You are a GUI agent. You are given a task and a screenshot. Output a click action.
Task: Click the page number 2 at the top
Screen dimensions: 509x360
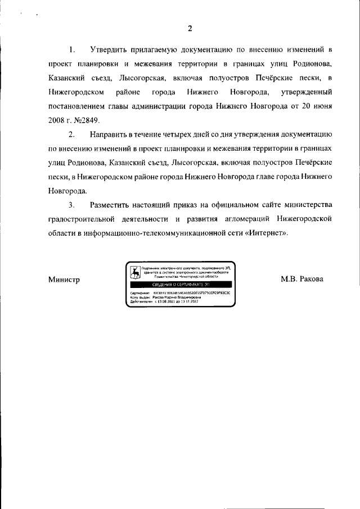(190, 29)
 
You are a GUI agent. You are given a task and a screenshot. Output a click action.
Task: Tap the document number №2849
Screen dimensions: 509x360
(87, 120)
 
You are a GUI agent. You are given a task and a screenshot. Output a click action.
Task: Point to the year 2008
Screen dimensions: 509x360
(57, 120)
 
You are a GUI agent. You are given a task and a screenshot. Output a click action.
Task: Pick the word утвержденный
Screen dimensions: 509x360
(307, 91)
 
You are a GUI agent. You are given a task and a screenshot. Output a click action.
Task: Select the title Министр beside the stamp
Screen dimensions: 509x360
(64, 280)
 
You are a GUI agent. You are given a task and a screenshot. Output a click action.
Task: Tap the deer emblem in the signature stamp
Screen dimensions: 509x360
(135, 273)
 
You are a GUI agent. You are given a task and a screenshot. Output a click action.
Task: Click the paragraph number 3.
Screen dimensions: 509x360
(71, 204)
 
